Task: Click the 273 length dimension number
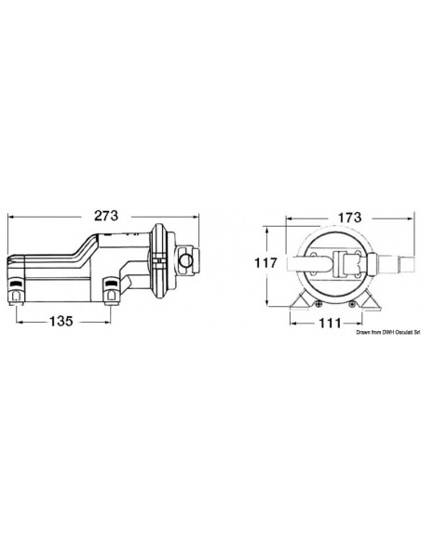106,216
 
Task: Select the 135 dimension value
61,322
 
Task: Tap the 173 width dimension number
349,218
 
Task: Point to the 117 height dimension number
266,263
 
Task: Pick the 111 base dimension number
330,323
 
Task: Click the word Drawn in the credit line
362,333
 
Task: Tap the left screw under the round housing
318,304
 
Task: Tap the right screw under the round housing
352,304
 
